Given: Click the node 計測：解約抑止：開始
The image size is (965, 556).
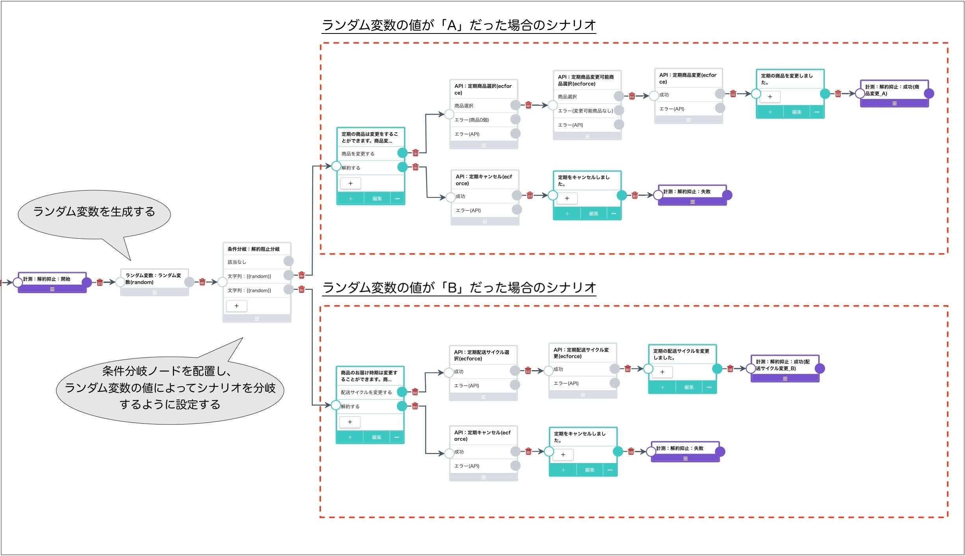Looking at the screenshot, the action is [52, 282].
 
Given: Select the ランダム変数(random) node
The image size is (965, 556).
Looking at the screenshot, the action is [154, 282].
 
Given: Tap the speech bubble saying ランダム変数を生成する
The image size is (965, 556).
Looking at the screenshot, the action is [94, 215].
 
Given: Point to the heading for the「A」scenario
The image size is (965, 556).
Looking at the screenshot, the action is [459, 25].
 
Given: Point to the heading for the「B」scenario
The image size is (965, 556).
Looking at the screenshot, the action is [459, 287].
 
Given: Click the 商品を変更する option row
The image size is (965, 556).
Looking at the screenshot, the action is [371, 154].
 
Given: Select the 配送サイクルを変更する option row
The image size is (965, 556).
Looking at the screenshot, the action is [370, 392].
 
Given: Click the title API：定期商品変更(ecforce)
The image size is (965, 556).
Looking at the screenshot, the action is [688, 78].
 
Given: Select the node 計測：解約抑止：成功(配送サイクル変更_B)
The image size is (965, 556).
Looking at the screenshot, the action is [785, 369].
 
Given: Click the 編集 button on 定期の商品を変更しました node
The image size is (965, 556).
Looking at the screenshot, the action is [796, 112].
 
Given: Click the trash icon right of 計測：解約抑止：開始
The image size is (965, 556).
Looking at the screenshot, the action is [100, 282].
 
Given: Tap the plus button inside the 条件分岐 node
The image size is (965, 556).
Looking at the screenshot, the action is [236, 306].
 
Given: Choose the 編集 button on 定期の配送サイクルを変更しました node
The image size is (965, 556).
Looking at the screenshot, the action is [689, 387].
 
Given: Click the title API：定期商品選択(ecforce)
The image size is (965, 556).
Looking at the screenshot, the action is [483, 89].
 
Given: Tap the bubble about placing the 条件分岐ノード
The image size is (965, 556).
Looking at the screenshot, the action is [170, 387].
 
